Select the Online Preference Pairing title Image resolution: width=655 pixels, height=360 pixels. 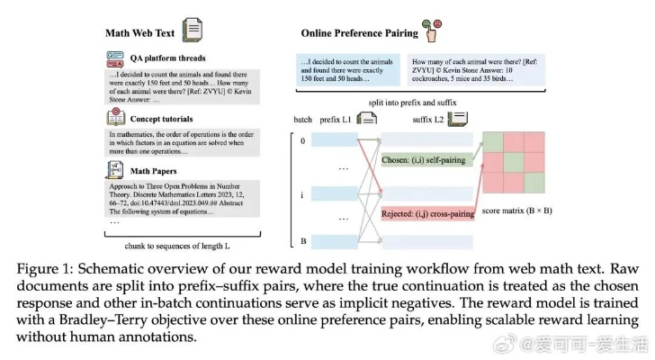pyautogui.click(x=359, y=33)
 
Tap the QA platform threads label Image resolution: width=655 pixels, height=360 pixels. pyautogui.click(x=167, y=58)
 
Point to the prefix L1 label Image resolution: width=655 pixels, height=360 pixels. pyautogui.click(x=337, y=120)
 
